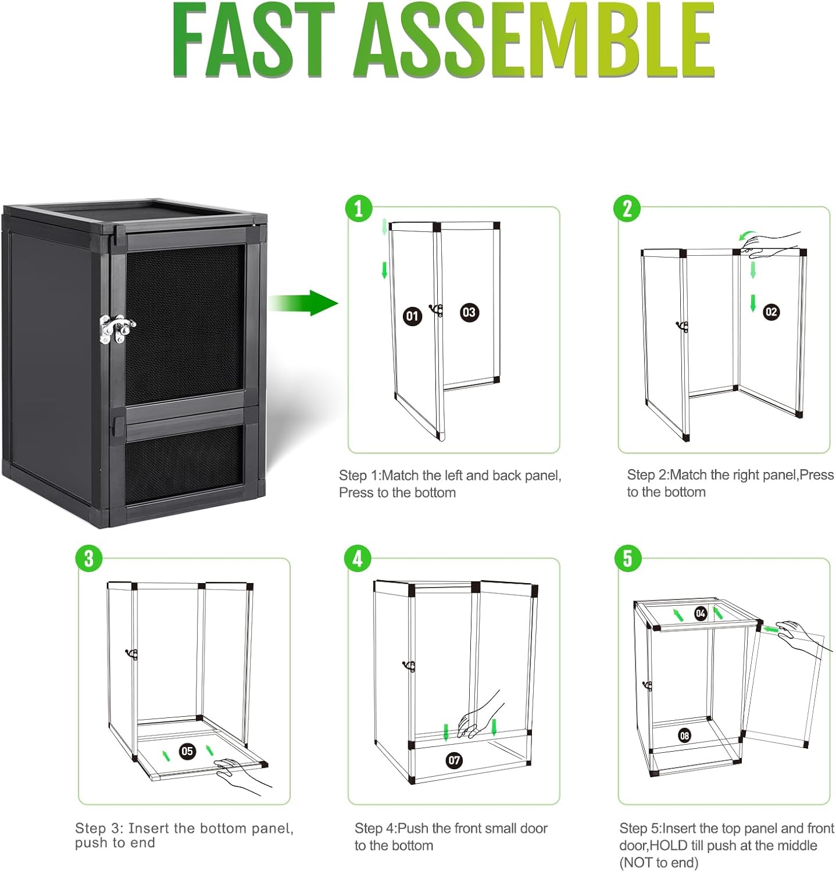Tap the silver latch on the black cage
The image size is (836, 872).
[x=117, y=329]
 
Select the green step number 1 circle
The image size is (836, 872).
[x=359, y=209]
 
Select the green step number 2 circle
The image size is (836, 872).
[x=627, y=209]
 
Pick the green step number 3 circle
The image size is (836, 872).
[x=88, y=559]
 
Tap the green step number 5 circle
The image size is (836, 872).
[x=627, y=559]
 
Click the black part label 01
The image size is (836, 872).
[x=412, y=316]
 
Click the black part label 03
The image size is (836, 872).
[x=469, y=312]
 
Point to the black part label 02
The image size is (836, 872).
[x=771, y=312]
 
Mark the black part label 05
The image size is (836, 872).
[x=187, y=751]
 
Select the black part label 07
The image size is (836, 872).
[x=454, y=760]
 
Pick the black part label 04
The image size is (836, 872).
[x=701, y=613]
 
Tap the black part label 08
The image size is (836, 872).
[x=684, y=736]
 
